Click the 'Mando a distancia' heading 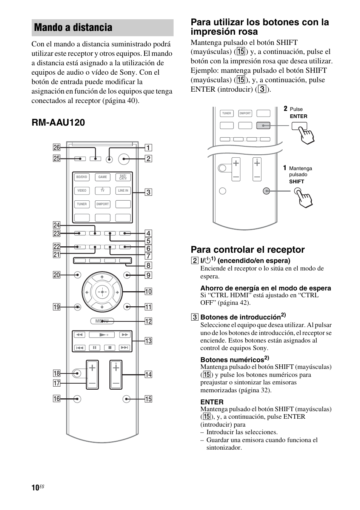pos(73,28)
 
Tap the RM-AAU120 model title pos(58,122)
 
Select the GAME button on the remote pos(103,177)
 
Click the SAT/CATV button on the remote pos(123,177)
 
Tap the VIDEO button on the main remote pos(82,190)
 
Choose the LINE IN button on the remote pos(123,190)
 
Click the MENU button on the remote pos(102,321)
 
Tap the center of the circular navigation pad pos(102,292)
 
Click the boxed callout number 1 pos(148,148)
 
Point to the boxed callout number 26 pos(57,147)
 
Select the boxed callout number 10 pos(148,291)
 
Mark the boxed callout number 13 pos(148,341)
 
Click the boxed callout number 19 pos(57,307)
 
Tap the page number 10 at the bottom pos(35,488)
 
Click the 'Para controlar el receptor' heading pos(248,250)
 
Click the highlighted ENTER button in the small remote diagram pos(263,126)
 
